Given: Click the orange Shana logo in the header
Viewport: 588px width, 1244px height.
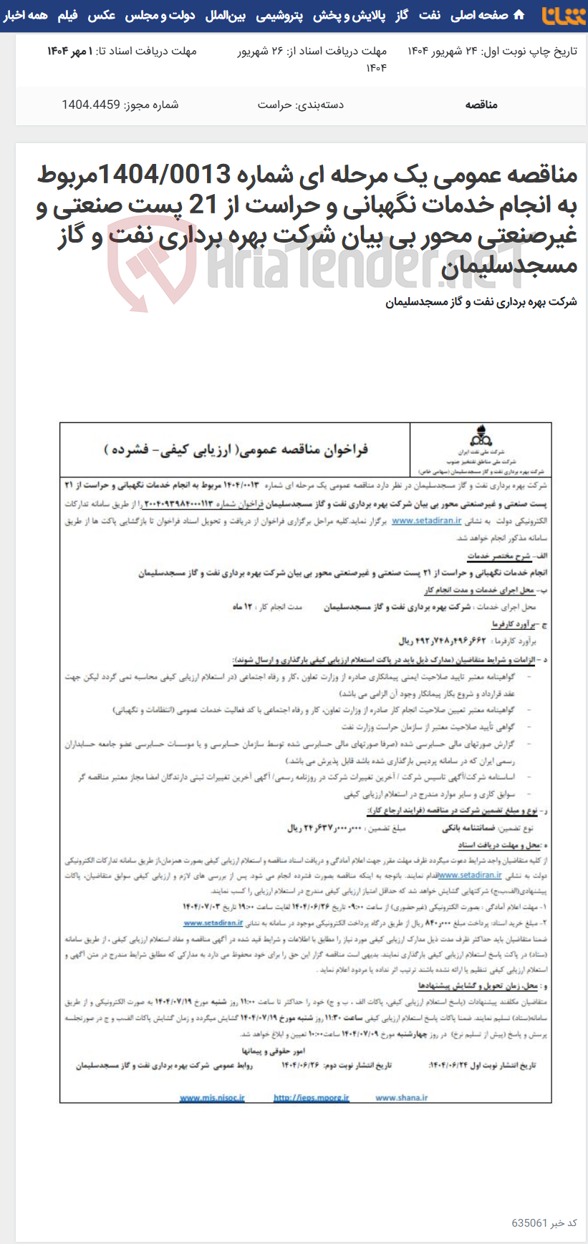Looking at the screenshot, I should (563, 15).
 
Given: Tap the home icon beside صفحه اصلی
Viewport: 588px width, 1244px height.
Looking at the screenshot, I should (519, 15).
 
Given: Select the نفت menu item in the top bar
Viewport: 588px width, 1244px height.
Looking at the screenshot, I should (430, 15).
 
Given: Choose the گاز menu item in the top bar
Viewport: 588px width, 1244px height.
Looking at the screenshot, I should (401, 15).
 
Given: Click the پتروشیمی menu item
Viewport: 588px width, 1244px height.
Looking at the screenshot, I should (279, 15).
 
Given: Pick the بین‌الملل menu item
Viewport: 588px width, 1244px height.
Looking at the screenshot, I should (226, 15).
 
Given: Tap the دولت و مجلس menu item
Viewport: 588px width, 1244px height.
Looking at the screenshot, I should (160, 15).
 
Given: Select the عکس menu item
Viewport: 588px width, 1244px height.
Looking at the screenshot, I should (102, 15).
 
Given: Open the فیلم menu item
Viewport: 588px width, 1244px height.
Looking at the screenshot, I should (68, 15).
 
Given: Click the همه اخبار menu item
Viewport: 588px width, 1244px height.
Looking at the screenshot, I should (26, 15).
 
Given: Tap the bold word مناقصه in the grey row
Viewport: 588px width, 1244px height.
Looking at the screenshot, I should (481, 105).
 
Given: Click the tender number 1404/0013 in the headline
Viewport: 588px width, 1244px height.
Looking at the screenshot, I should (164, 174).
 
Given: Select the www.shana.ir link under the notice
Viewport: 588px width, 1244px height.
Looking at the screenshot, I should (401, 1097).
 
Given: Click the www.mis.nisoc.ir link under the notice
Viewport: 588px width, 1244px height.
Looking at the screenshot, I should (212, 1097).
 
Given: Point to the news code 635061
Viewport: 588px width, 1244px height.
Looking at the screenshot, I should (529, 1223).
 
